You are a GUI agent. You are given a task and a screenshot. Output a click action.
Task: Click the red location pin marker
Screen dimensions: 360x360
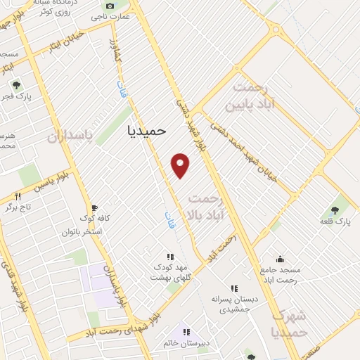[x=181, y=165]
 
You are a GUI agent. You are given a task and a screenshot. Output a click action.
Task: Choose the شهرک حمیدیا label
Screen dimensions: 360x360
[x=289, y=323]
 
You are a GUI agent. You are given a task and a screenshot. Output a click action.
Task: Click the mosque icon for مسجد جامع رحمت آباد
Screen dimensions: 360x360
[x=280, y=259]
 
